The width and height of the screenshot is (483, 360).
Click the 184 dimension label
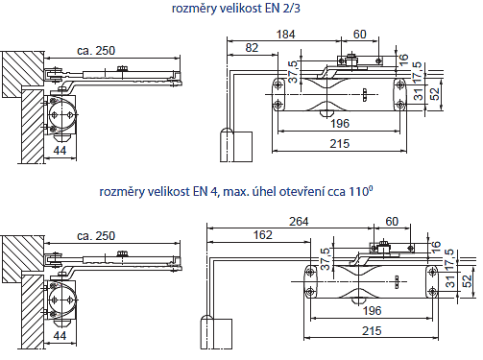click(x=285, y=35)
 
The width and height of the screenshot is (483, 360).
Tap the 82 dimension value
click(x=252, y=48)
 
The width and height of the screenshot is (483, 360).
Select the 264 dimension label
click(x=299, y=222)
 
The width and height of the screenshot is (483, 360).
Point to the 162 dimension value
click(x=263, y=235)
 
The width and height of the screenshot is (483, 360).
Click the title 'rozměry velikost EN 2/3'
click(x=236, y=9)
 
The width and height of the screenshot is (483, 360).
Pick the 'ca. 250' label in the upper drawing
click(x=96, y=51)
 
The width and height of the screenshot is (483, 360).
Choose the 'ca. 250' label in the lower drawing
click(x=96, y=236)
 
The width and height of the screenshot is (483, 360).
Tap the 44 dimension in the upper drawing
click(x=60, y=150)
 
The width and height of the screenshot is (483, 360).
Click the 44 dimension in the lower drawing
click(x=60, y=335)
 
